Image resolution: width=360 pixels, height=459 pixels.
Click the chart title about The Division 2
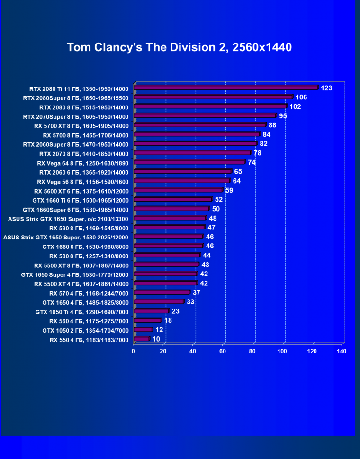tap(179, 47)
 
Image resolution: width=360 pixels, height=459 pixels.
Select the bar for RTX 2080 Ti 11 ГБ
tap(225, 88)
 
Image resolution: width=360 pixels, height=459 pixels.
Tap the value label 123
tap(326, 88)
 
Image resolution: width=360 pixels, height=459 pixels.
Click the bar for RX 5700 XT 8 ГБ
tap(200, 125)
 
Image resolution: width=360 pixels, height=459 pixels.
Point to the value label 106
tap(301, 97)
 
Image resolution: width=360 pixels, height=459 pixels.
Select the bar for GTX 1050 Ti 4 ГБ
tap(151, 311)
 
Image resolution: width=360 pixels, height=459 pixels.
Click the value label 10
tap(156, 339)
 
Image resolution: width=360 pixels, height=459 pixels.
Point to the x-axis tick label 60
tap(223, 351)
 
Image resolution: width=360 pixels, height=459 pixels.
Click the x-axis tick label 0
tap(134, 351)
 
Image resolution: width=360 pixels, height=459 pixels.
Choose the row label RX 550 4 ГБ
tap(89, 340)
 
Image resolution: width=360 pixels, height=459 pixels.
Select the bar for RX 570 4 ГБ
tap(162, 293)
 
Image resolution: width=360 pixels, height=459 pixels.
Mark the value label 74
tap(252, 163)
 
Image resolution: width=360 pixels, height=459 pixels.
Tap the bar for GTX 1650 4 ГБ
tap(159, 302)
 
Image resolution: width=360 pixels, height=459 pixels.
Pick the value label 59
tap(229, 191)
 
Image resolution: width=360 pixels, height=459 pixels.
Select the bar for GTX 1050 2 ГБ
tap(143, 330)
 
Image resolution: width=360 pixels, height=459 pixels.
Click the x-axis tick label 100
tap(282, 351)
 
